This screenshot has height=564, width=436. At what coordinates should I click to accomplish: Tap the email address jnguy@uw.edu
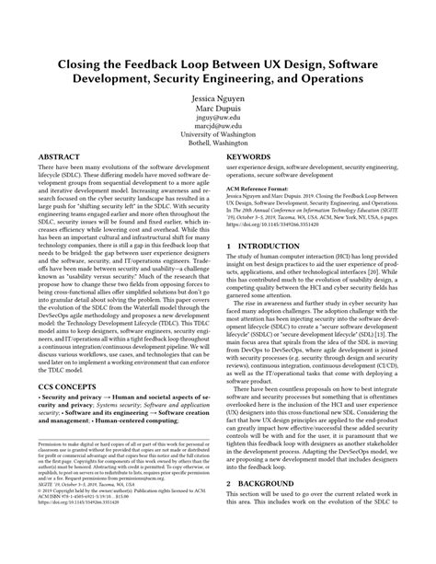pos(217,118)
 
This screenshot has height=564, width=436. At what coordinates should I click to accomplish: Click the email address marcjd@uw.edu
pos(217,128)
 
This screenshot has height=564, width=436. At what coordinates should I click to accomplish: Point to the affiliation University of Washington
pos(217,139)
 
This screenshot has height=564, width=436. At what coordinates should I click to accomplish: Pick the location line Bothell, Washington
pos(217,149)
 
